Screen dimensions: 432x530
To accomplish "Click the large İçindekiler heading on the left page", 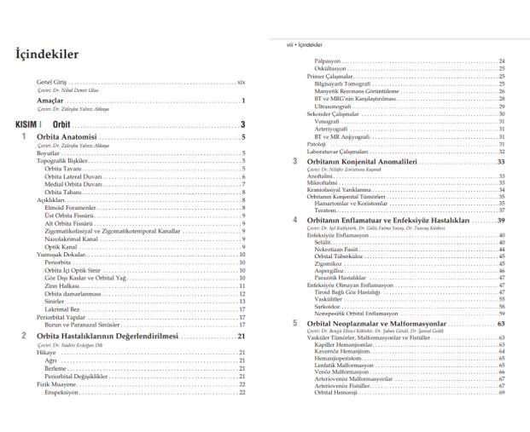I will (x=48, y=55).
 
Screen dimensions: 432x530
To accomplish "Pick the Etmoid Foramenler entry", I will (x=69, y=206).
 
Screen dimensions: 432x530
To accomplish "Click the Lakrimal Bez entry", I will (x=61, y=309).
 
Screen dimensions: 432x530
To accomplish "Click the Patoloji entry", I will (x=316, y=144).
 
